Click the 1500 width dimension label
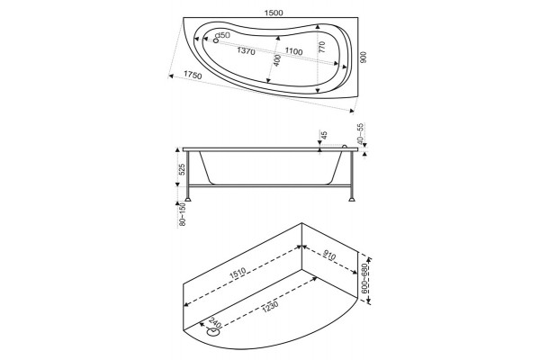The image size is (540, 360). (x=274, y=13)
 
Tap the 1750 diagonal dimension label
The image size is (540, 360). (x=193, y=75)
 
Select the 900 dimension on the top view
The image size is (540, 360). (x=364, y=57)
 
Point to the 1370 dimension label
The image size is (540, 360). (x=246, y=51)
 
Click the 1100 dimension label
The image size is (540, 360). (x=293, y=51)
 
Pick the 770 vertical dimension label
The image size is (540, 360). (x=321, y=47)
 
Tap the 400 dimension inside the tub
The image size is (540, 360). (x=276, y=60)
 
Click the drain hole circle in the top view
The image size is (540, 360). (x=216, y=40)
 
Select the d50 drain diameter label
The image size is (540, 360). (x=223, y=35)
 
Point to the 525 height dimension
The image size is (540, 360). (x=182, y=169)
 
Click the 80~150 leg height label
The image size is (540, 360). (x=183, y=214)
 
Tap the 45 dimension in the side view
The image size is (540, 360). (x=324, y=135)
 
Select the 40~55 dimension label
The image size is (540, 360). (x=361, y=133)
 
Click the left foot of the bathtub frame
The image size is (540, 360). (x=188, y=199)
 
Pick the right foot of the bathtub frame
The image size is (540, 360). (x=352, y=199)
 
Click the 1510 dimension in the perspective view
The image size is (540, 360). (x=237, y=272)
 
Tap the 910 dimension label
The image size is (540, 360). (x=329, y=256)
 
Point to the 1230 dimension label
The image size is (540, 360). (x=269, y=306)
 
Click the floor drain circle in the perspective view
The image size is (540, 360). (x=213, y=333)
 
